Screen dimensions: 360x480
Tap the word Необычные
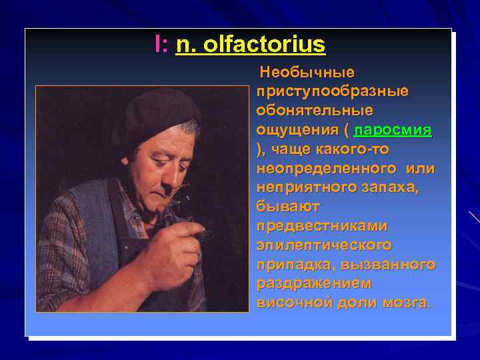click(x=307, y=71)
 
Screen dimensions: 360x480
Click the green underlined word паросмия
click(x=393, y=129)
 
